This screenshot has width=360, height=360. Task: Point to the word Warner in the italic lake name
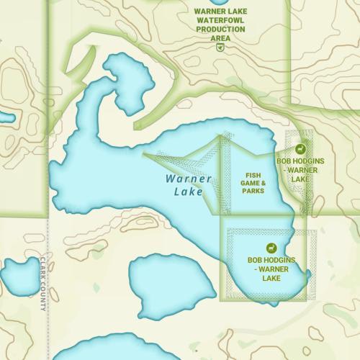point(188,179)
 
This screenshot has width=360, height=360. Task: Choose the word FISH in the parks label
point(253,175)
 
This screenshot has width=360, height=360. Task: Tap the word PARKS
point(253,192)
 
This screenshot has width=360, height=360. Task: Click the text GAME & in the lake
point(253,183)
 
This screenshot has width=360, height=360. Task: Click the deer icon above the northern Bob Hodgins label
point(302,149)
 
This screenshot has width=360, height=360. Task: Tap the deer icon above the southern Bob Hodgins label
point(271,246)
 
